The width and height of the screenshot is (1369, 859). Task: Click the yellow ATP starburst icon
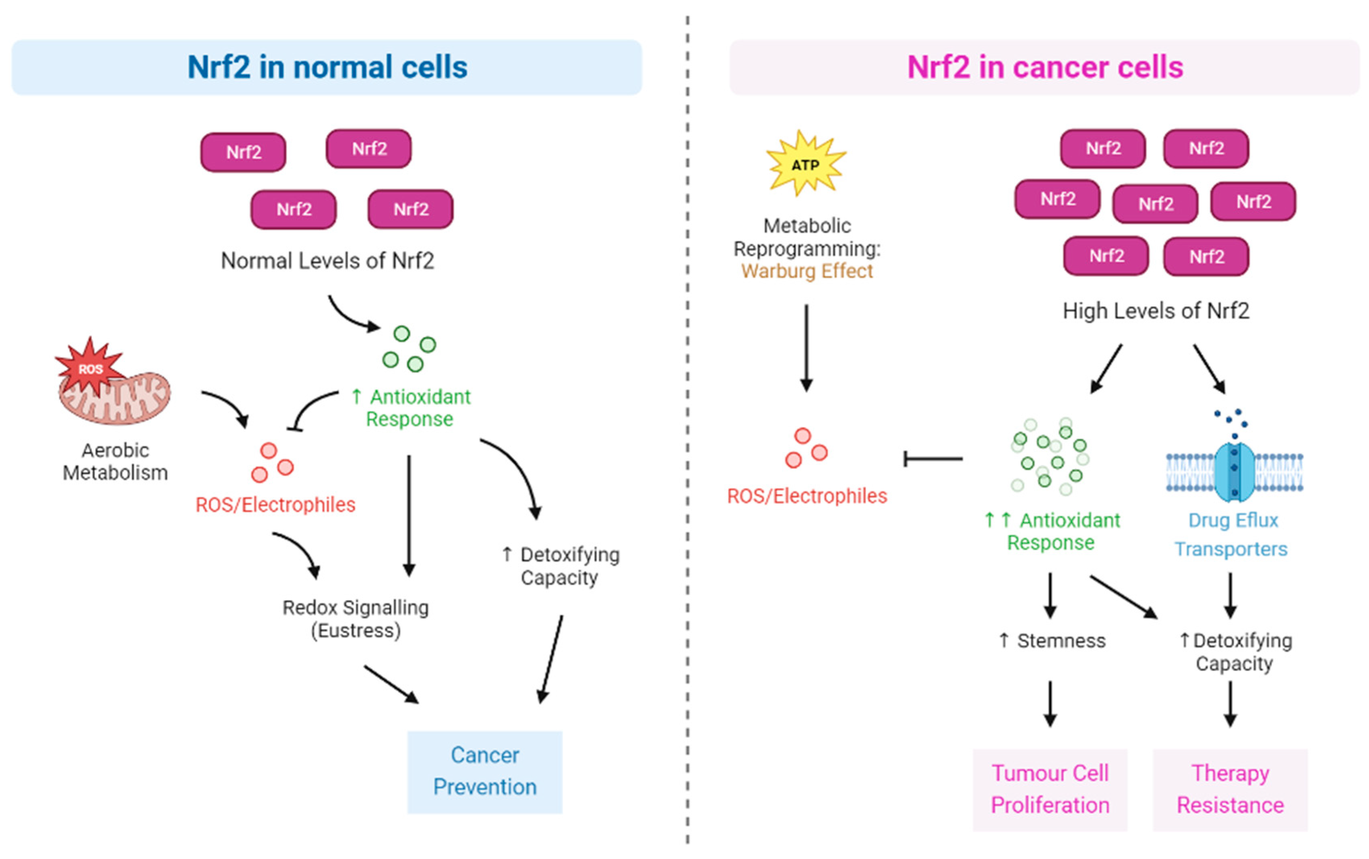click(x=805, y=164)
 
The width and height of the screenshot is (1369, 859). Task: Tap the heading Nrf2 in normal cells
click(x=327, y=67)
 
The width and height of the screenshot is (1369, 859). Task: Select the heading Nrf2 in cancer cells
click(x=1044, y=67)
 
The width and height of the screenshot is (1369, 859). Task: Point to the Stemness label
click(x=1053, y=640)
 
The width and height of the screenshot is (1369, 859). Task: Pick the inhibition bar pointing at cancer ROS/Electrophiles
click(x=932, y=458)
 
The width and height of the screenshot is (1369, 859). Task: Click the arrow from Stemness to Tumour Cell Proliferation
click(x=1050, y=703)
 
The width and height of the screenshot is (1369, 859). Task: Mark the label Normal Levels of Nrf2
click(x=327, y=261)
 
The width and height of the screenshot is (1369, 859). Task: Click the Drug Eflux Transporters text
click(x=1231, y=534)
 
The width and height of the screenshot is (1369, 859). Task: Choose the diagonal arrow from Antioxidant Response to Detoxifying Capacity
click(x=1122, y=597)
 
